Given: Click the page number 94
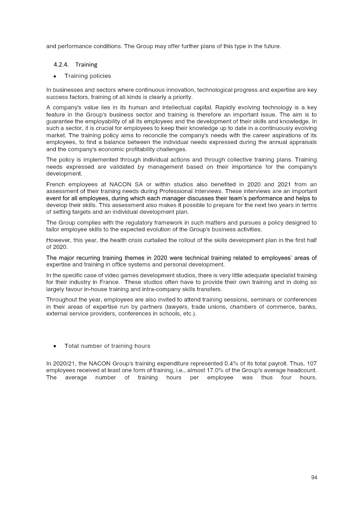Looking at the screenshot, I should pyautogui.click(x=314, y=477).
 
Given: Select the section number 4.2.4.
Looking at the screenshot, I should pyautogui.click(x=61, y=64).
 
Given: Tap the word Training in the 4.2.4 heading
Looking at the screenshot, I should pyautogui.click(x=86, y=64).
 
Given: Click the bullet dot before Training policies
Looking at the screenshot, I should pyautogui.click(x=54, y=76).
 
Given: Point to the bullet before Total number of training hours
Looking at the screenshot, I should pyautogui.click(x=54, y=346).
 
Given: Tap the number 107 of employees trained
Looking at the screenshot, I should pyautogui.click(x=312, y=363).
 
